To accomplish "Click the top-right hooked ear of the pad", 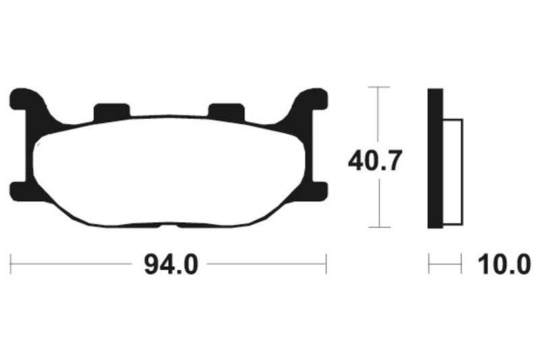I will tap(313, 99).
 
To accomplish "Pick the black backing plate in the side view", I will tap(435, 159).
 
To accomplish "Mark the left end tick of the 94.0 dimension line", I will tap(11, 264).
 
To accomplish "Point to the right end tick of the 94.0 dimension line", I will tap(326, 264).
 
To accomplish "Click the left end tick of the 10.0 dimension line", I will tap(429, 264).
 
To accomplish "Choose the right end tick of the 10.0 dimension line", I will tap(461, 264).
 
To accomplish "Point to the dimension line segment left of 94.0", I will tap(74, 264).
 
